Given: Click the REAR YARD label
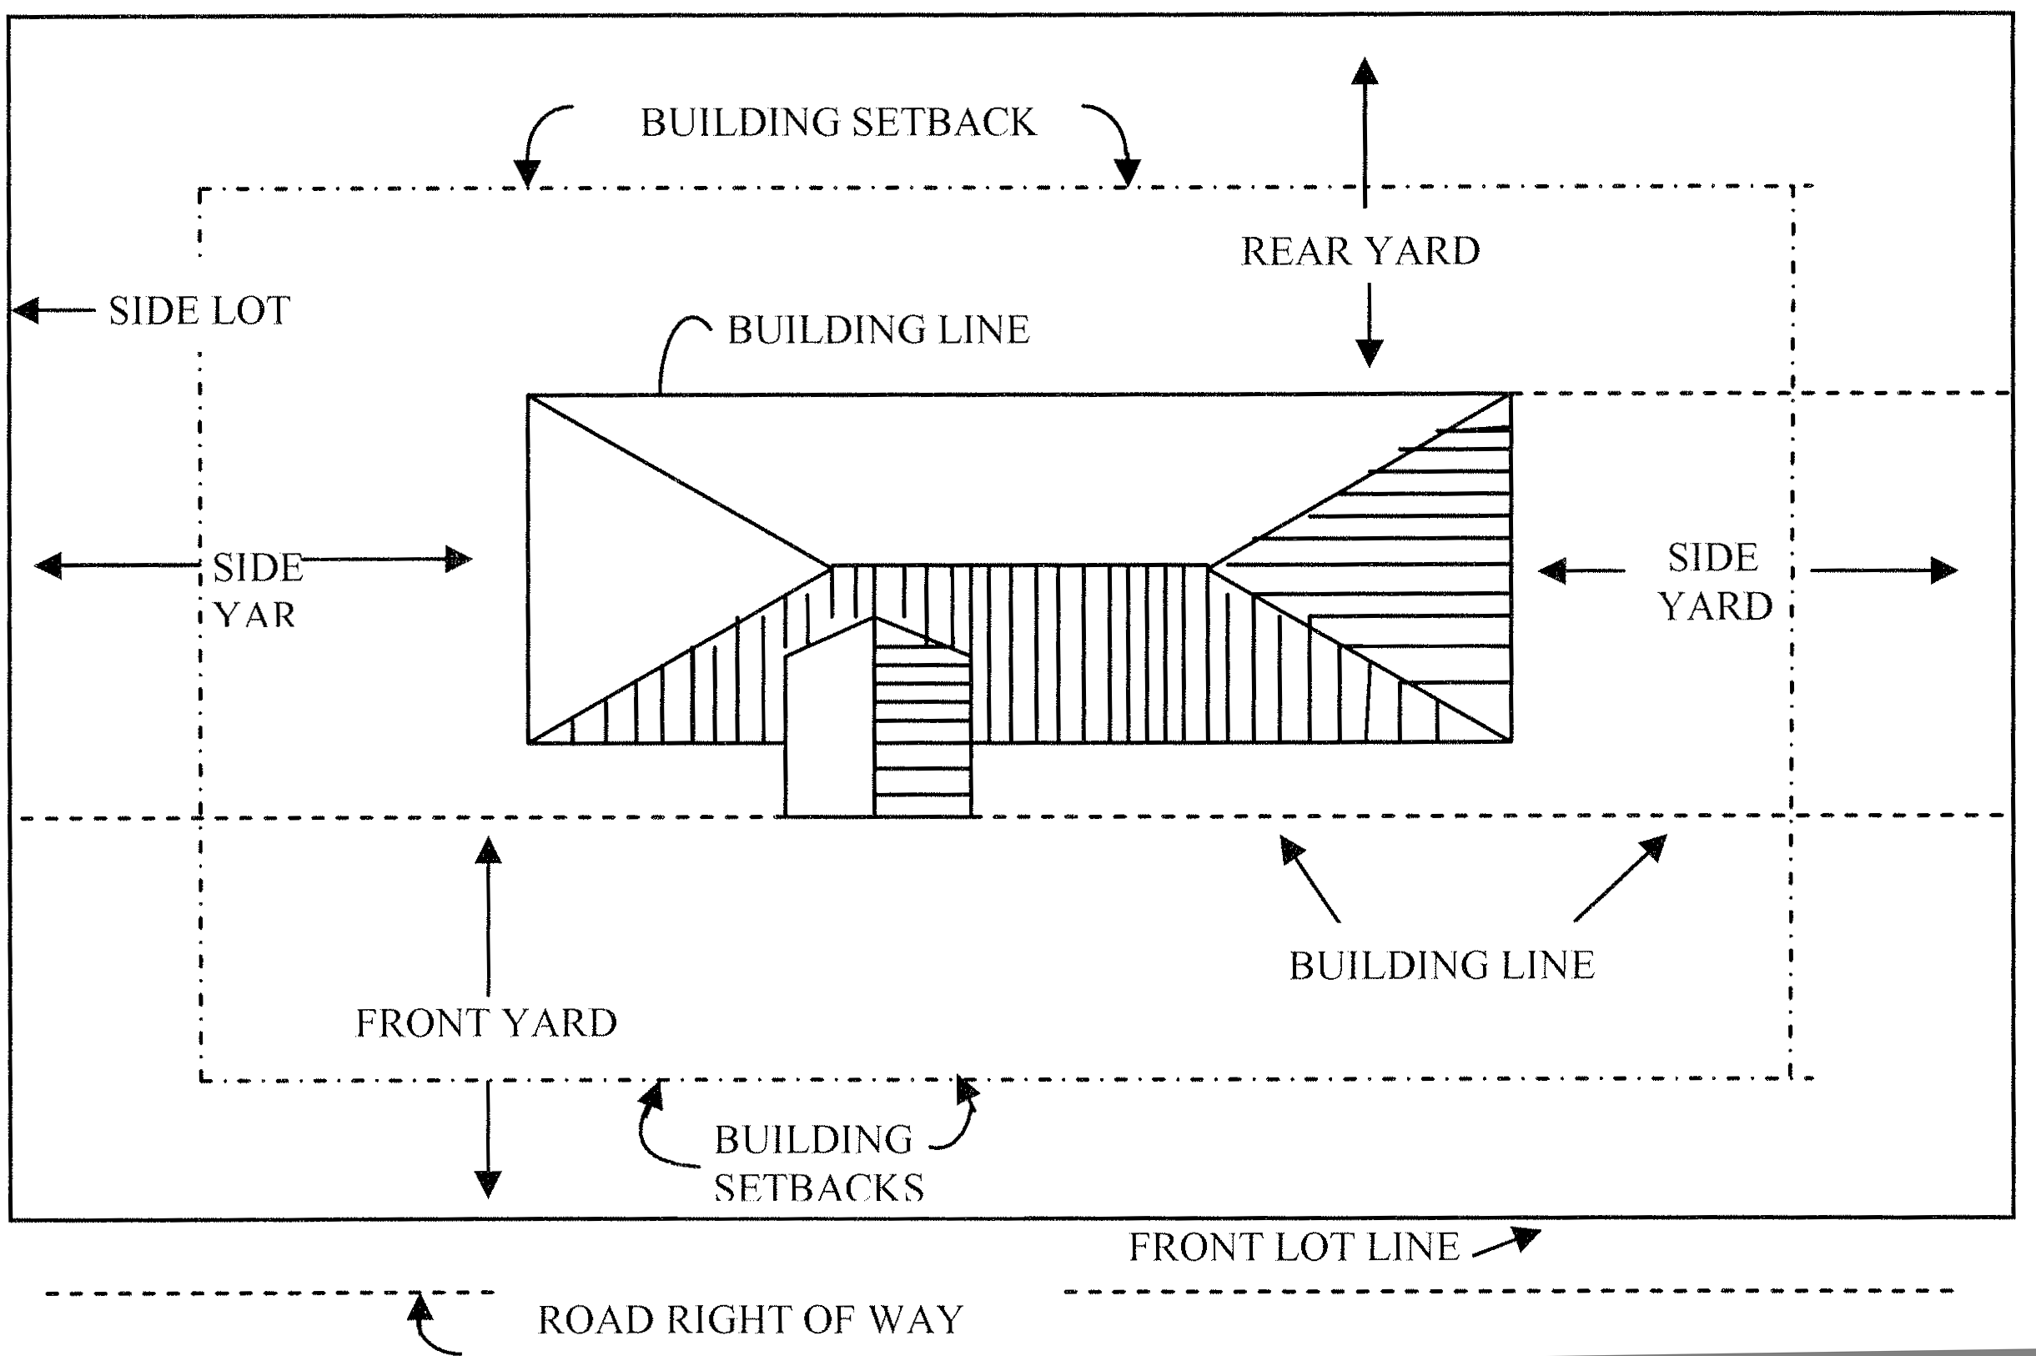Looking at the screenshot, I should click(1360, 252).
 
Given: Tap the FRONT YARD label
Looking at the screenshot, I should click(486, 1023).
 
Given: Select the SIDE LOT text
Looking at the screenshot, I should click(199, 310).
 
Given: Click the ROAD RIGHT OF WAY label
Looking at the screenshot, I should click(750, 1320).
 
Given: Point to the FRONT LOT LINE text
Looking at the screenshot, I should click(1294, 1247).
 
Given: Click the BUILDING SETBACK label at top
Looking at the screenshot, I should click(837, 123).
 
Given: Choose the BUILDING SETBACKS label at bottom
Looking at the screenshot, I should click(817, 1163).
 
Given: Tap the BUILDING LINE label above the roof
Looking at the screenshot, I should click(878, 329).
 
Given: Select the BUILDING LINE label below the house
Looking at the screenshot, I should click(1441, 965).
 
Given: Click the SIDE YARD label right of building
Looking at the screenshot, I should click(1714, 581).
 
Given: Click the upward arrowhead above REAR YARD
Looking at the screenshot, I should click(1365, 71).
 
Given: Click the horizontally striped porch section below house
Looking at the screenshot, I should click(922, 735).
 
